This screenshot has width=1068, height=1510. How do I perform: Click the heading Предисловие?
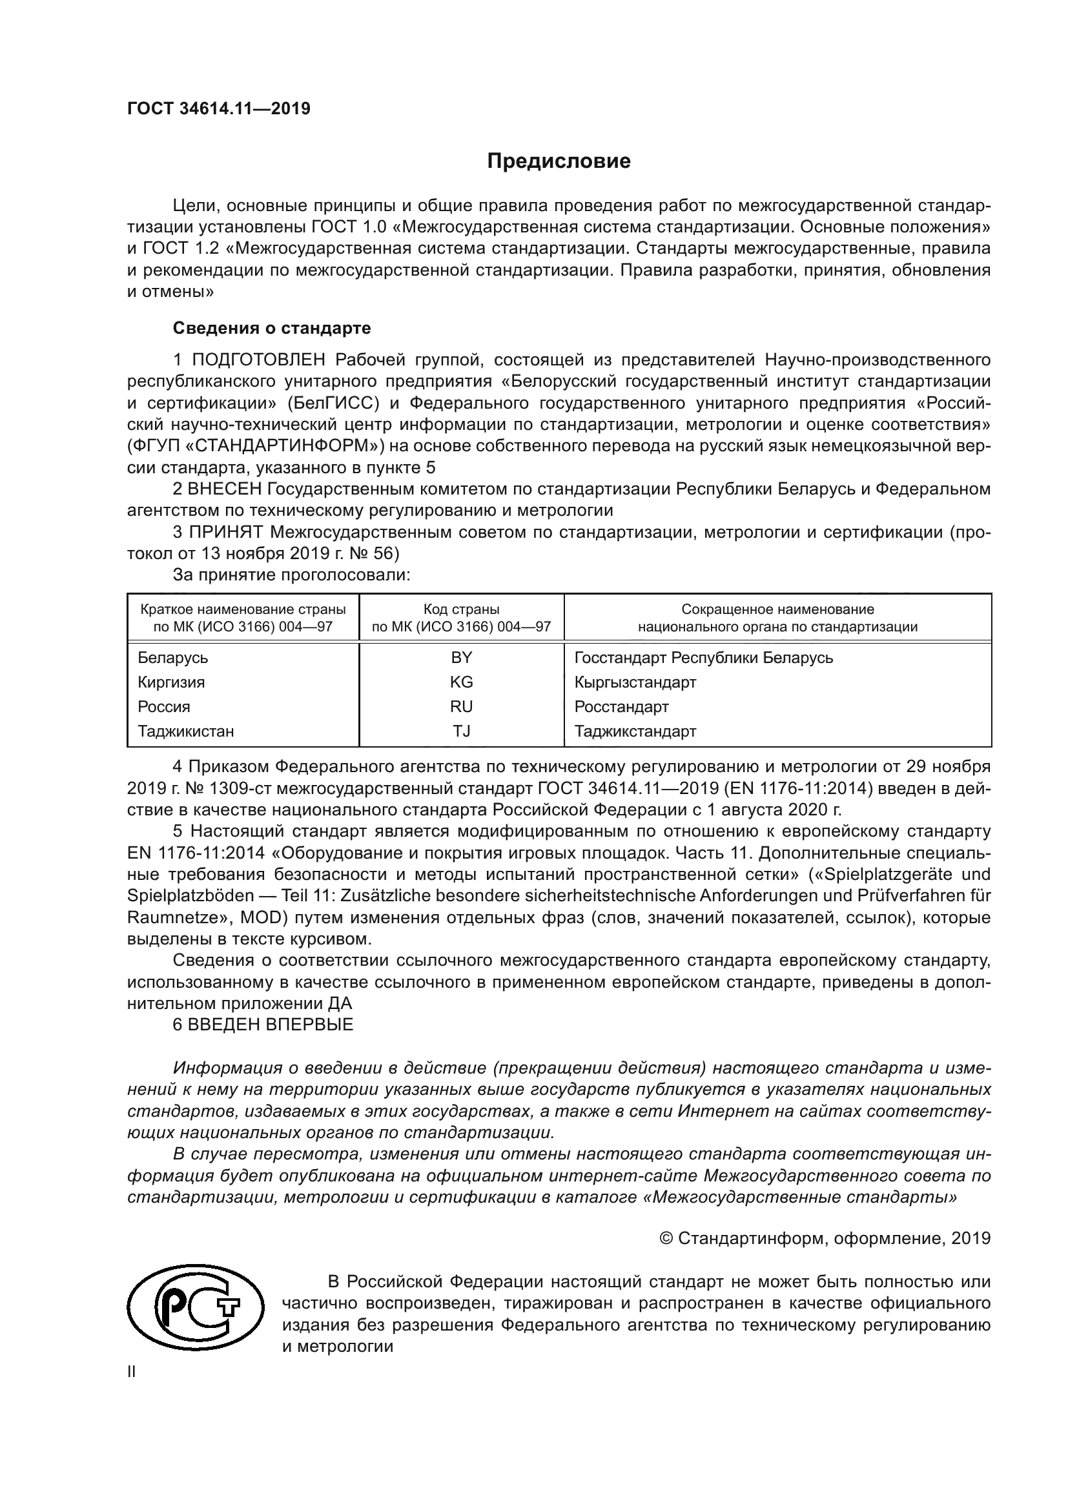(x=559, y=161)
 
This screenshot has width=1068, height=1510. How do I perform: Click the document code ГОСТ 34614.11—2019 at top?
(x=218, y=108)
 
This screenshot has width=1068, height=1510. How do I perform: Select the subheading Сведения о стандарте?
(x=272, y=327)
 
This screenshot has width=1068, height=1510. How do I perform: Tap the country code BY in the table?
(x=461, y=658)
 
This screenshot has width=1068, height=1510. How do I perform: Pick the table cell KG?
(x=461, y=682)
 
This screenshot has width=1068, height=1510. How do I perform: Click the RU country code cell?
(x=461, y=707)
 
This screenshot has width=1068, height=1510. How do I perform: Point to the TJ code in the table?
(x=461, y=731)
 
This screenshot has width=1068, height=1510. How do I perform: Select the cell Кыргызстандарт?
(x=635, y=682)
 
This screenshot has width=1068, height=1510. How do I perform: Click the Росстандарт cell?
(x=621, y=707)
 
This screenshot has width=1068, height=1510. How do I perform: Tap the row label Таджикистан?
(x=185, y=731)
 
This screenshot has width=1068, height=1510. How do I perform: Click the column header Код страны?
(x=461, y=609)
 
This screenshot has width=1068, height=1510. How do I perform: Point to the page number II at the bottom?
(x=132, y=1372)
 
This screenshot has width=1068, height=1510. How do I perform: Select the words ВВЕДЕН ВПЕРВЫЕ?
(x=271, y=1025)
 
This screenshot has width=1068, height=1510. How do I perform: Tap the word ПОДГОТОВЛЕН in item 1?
(x=258, y=360)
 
